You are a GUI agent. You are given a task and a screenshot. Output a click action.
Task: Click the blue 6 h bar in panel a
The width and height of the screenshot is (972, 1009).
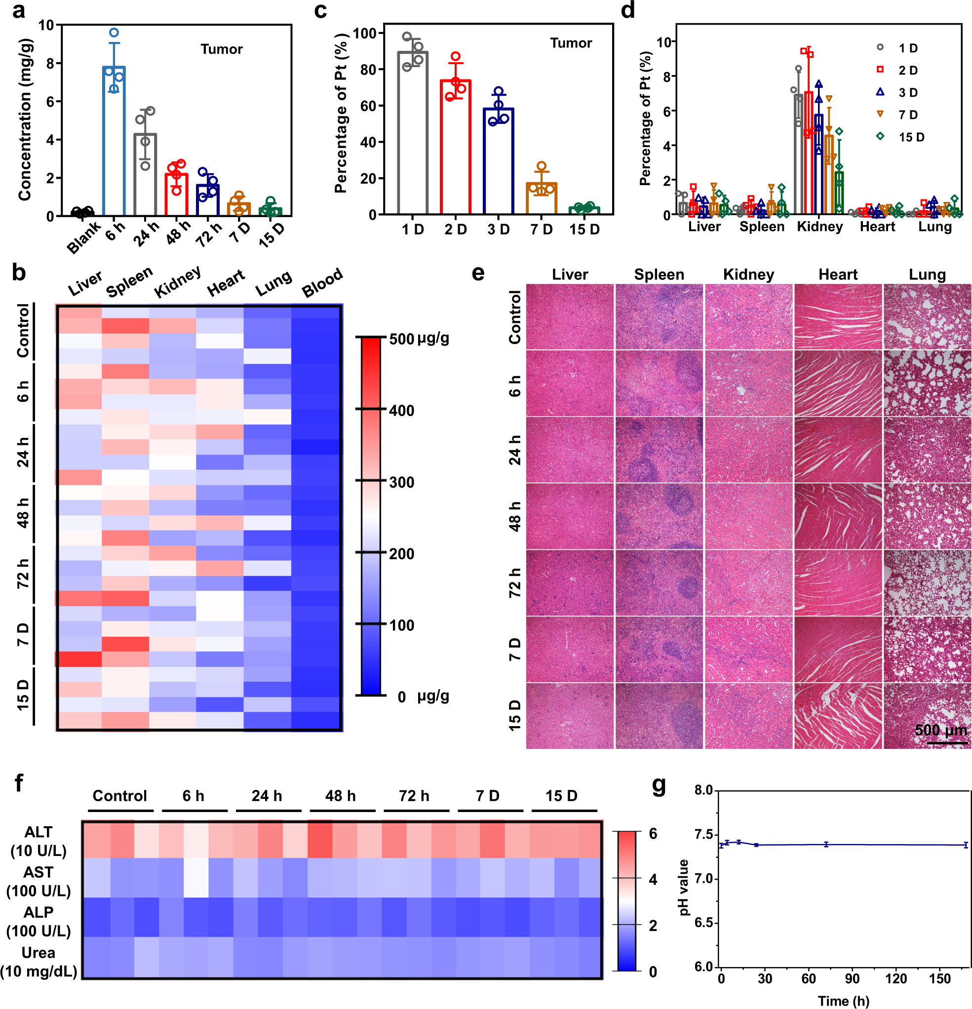pos(114,142)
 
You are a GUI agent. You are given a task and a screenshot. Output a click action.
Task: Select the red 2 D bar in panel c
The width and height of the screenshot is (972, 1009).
pos(455,147)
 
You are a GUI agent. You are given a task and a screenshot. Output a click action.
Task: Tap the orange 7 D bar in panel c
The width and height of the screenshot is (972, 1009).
pos(541,199)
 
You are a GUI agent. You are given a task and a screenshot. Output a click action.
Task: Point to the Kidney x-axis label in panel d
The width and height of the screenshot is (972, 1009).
pos(819,227)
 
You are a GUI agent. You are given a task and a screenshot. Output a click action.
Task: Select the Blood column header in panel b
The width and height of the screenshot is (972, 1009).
pos(322,283)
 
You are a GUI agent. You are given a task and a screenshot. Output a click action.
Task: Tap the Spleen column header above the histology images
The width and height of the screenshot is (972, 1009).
pos(659,274)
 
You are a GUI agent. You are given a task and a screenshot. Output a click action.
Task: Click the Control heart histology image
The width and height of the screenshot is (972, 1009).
pos(838,316)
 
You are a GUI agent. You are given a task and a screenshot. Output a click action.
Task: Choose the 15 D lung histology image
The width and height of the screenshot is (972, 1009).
pos(927,716)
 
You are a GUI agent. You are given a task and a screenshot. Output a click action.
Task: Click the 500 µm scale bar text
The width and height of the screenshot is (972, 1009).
pos(940,730)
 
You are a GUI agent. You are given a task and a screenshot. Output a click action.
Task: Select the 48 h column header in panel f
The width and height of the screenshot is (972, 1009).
pos(340,796)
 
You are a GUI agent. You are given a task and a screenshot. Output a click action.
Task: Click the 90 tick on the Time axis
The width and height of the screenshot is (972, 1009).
pos(852,978)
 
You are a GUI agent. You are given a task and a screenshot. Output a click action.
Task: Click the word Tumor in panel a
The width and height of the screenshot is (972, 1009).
pos(221,49)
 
